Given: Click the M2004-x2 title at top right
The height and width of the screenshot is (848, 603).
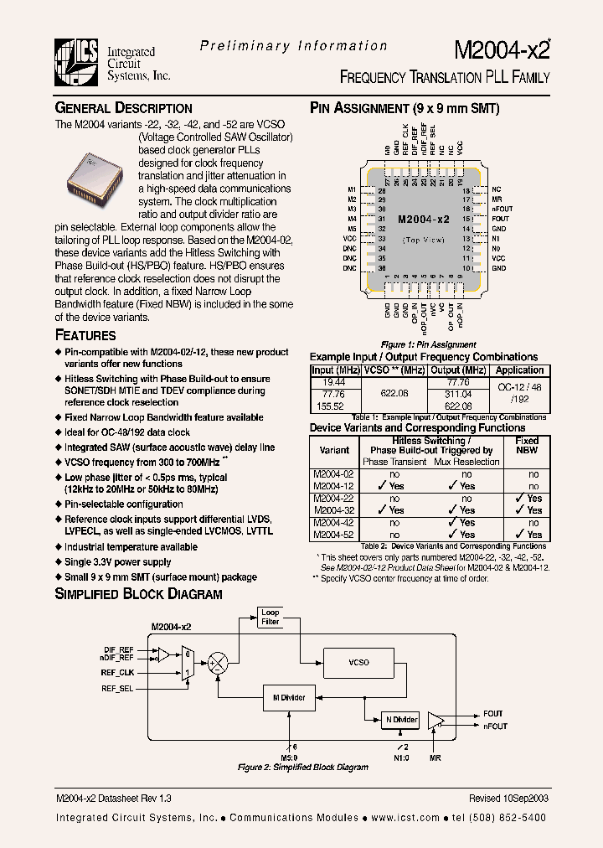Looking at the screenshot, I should [502, 49].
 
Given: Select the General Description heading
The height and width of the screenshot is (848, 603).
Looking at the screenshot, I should [123, 108].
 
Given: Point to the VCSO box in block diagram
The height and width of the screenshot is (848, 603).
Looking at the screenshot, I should [358, 662].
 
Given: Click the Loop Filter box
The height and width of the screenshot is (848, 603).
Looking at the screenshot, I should [271, 618].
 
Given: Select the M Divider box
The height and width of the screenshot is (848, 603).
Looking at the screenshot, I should [289, 697].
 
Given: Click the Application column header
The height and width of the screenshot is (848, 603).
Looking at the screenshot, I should [519, 370].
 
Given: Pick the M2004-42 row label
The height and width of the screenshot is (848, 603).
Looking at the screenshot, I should [330, 522].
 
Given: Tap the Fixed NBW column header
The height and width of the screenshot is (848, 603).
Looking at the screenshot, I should [527, 445].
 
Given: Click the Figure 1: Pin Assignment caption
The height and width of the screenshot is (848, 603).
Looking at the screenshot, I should [416, 344].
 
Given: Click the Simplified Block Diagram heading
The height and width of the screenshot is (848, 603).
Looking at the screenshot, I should [138, 594].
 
